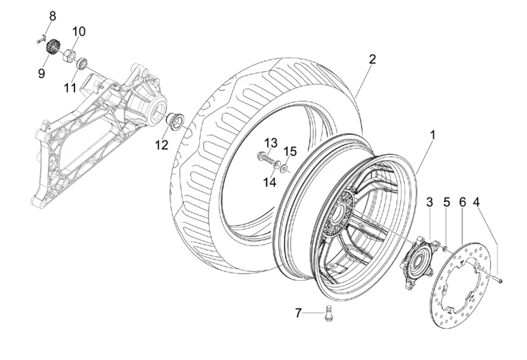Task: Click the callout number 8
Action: coord(53,16)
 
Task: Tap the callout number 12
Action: coord(161,145)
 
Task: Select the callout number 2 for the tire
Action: coord(372,59)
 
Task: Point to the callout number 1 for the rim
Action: coord(433,135)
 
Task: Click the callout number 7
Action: coord(299,313)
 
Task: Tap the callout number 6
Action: coord(462,202)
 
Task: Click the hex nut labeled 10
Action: coord(69,55)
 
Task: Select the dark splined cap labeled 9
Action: coord(52,47)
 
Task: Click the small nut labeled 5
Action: coord(444,249)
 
